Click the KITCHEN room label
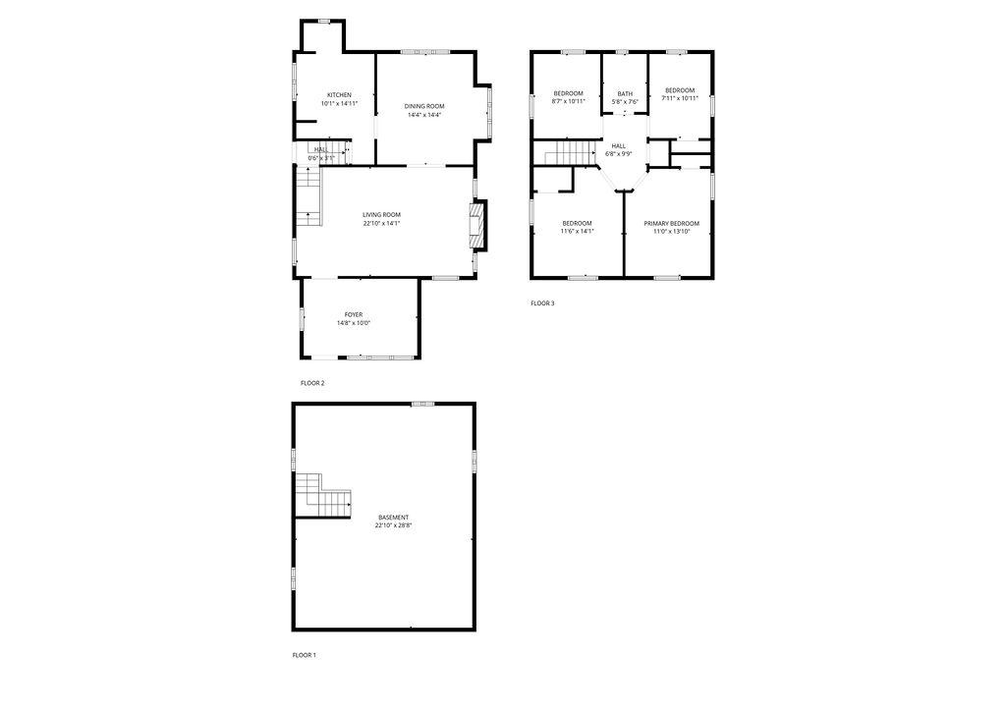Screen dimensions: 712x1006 [x=339, y=94]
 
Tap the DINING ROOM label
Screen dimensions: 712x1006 [x=424, y=106]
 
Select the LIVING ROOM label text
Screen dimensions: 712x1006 [x=381, y=214]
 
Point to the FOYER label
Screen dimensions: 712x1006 [x=353, y=314]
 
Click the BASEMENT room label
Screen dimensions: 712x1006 [x=393, y=518]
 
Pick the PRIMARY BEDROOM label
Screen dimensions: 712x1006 [x=672, y=223]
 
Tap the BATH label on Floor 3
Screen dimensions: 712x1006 [x=625, y=93]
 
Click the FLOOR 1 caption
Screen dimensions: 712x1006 [x=304, y=655]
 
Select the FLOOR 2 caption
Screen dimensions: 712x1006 [x=312, y=383]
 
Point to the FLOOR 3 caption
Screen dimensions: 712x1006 [x=542, y=303]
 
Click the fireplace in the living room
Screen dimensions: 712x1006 [x=477, y=227]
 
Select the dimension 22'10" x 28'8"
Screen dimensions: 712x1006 [x=393, y=525]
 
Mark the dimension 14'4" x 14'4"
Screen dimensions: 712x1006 [x=424, y=115]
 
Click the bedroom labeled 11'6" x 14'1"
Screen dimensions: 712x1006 [x=577, y=227]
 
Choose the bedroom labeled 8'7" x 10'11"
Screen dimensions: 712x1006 [x=568, y=96]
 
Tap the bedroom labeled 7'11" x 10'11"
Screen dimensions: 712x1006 [x=680, y=94]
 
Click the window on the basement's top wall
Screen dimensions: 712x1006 [x=423, y=403]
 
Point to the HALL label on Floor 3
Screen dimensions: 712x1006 [x=618, y=145]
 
